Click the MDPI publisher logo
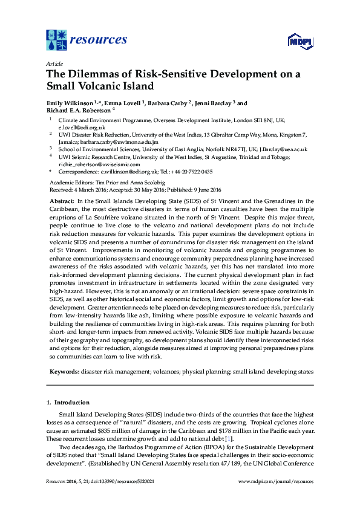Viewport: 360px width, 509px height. point(299,41)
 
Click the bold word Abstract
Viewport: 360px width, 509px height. point(62,201)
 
